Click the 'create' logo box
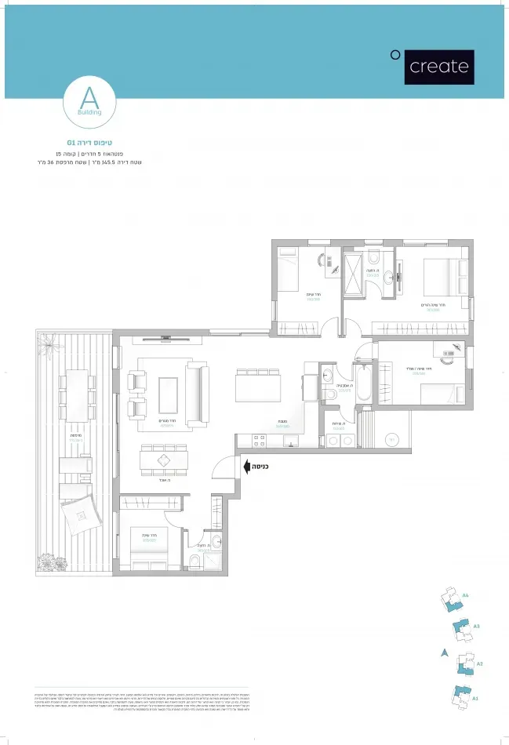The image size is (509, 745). (x=439, y=67)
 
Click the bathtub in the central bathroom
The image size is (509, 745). (x=363, y=384)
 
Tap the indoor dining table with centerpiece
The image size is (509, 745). (x=163, y=460)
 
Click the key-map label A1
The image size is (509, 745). (x=474, y=697)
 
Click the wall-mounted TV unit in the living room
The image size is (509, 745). (x=165, y=339)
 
